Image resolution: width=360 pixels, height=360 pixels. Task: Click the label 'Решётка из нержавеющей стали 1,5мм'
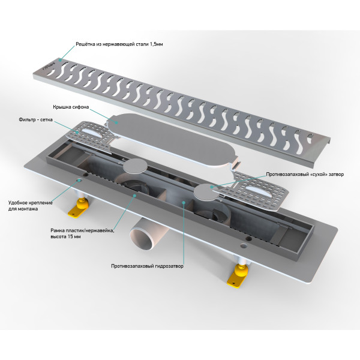119,44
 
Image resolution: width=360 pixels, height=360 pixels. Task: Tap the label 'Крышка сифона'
71,107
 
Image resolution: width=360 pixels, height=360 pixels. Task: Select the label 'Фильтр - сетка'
35,119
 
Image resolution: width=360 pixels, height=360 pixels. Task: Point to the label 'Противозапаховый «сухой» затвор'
305,174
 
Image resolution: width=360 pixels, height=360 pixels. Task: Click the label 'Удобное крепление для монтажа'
31,206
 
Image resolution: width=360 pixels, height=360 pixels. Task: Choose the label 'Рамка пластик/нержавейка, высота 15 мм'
82,233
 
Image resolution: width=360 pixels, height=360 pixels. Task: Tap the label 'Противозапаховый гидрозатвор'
147,266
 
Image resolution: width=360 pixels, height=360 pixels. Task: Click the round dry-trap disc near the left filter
135,166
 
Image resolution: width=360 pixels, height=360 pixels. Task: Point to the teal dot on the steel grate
60,60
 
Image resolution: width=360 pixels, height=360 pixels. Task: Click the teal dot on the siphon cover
116,123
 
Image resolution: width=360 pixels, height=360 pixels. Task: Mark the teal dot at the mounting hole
79,181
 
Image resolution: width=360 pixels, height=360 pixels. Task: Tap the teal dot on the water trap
183,202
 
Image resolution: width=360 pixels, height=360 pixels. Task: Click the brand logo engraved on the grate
49,65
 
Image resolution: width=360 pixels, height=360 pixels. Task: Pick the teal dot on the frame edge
135,196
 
